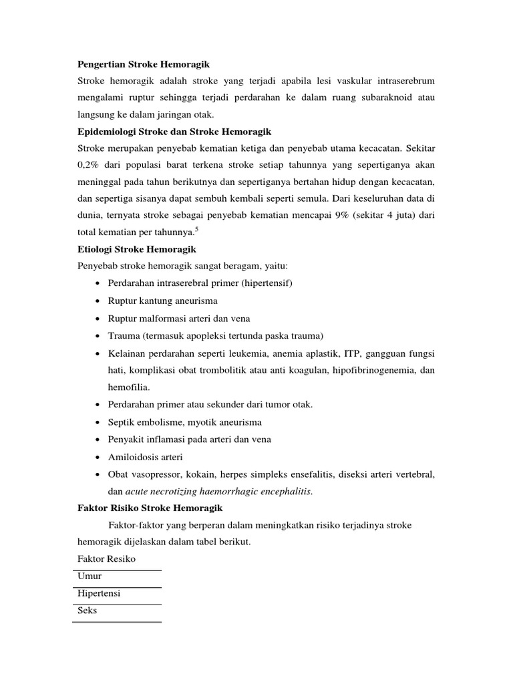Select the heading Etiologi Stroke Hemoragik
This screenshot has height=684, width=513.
(136, 248)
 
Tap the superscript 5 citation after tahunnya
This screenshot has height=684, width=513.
(196, 229)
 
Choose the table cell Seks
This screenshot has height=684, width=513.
(88, 611)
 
